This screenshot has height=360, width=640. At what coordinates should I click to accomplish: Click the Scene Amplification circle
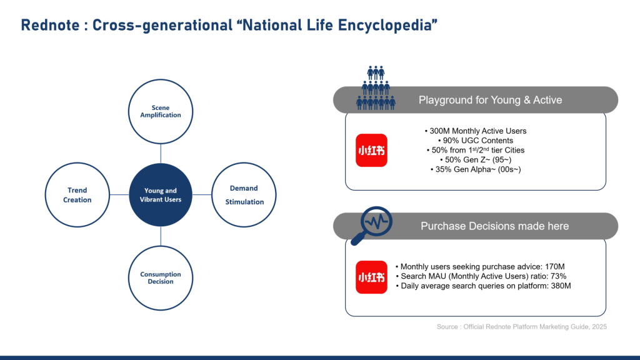click(161, 111)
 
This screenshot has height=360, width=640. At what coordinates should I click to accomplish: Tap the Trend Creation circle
click(77, 195)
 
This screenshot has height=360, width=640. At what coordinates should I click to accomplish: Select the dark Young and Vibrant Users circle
click(161, 195)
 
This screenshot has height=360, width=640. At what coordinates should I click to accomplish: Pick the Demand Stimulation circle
click(244, 195)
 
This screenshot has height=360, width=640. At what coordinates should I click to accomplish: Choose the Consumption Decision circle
click(161, 278)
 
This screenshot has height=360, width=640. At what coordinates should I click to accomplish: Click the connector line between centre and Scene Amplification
click(161, 154)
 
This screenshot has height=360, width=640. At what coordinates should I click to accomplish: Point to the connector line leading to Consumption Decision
click(161, 236)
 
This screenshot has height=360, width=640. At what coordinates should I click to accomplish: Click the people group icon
click(376, 87)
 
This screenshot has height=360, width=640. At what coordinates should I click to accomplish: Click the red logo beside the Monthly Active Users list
click(371, 150)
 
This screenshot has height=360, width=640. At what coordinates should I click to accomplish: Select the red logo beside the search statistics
click(371, 277)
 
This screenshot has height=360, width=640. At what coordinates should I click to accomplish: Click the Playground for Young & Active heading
click(490, 100)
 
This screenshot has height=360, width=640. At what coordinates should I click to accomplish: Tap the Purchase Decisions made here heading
click(495, 226)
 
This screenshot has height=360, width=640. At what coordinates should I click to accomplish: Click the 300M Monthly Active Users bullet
click(476, 131)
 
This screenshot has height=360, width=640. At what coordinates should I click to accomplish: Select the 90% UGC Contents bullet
click(476, 141)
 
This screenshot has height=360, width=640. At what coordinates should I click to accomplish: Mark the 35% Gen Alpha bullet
click(476, 169)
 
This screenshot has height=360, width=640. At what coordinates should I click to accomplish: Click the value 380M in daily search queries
click(561, 286)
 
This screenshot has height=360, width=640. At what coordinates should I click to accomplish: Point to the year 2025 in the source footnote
click(599, 326)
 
